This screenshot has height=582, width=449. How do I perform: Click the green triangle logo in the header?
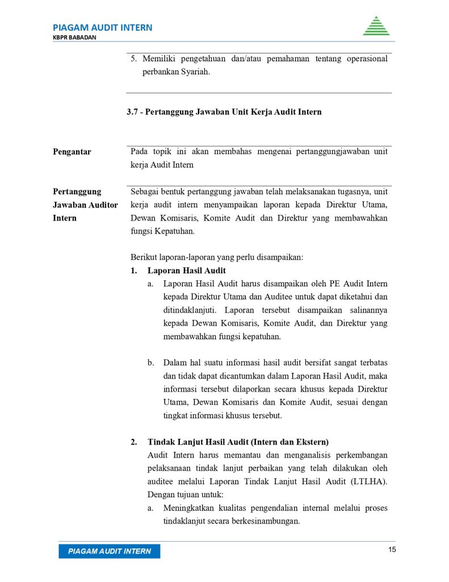pos(376,26)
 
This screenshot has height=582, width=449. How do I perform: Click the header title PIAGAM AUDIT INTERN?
pos(102,27)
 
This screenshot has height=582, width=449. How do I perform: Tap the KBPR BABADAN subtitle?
pos(74,38)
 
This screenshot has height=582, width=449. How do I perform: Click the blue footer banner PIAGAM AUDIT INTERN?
pos(110,551)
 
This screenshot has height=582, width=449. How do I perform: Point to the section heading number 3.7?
pos(132,112)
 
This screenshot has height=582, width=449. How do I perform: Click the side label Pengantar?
pos(72,152)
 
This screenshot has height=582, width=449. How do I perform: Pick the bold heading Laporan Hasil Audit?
pos(187,271)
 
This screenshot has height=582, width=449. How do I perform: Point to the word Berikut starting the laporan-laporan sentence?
pos(144,257)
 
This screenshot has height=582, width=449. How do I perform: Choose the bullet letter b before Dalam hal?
pos(150,362)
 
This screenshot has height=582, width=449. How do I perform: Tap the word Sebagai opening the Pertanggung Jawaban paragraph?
pos(146,192)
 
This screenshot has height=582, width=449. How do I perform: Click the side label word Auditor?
pos(102,205)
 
